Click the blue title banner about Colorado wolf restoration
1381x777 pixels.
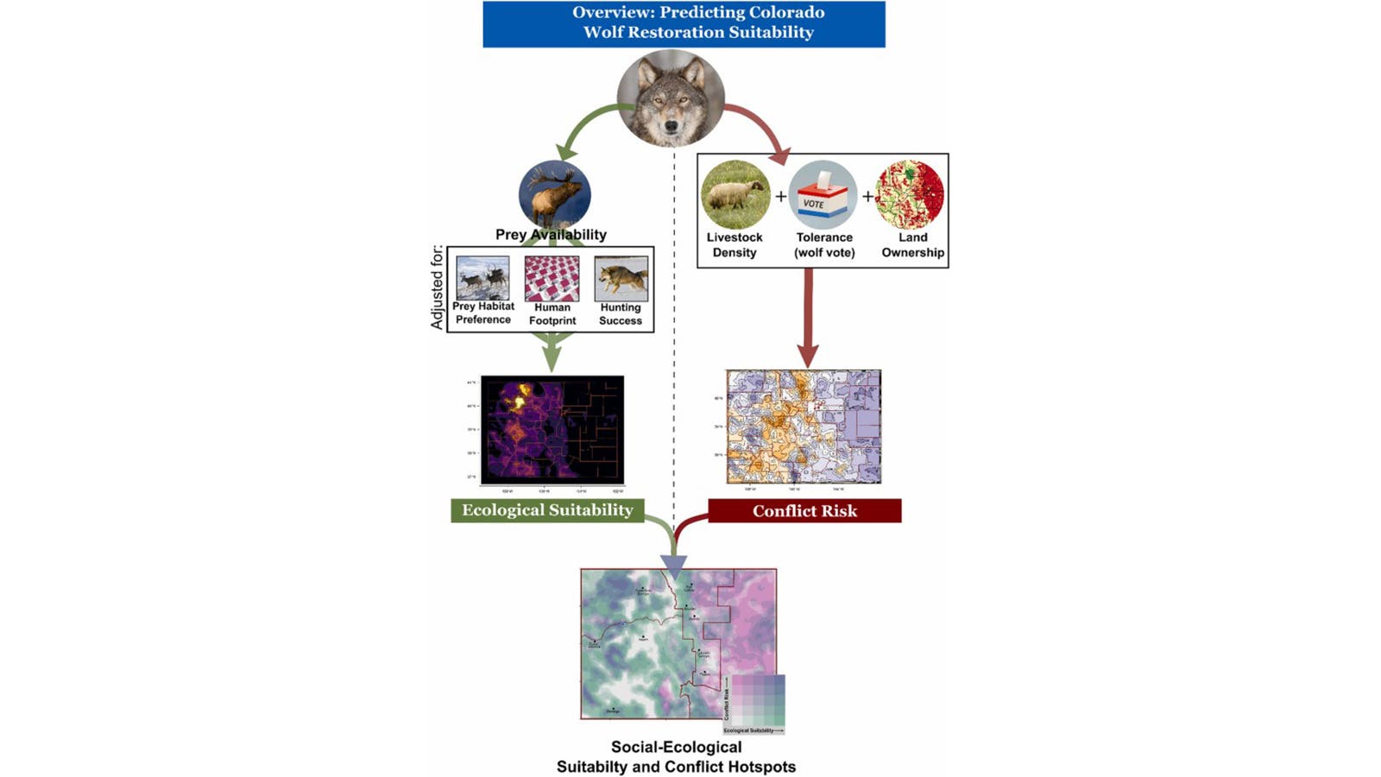tap(684, 23)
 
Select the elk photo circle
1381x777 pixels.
tap(555, 194)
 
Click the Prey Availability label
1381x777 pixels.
tap(551, 234)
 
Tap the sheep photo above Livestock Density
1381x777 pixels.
tap(735, 195)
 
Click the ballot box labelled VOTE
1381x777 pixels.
tap(823, 196)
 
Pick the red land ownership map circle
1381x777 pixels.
tap(911, 195)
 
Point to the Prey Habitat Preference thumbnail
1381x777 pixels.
tap(482, 277)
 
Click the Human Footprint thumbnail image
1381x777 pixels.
tap(552, 278)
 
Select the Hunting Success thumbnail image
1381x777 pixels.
tap(621, 278)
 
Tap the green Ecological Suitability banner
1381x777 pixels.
tap(547, 510)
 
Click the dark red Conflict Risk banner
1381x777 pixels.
tap(804, 511)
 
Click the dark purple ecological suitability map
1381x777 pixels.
tap(552, 429)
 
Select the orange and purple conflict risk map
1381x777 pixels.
tap(804, 426)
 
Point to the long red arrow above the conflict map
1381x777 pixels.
tap(808, 315)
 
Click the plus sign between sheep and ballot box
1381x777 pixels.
tap(780, 197)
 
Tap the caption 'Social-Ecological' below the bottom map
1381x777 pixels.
tap(676, 747)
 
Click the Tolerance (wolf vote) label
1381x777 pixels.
tap(824, 245)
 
